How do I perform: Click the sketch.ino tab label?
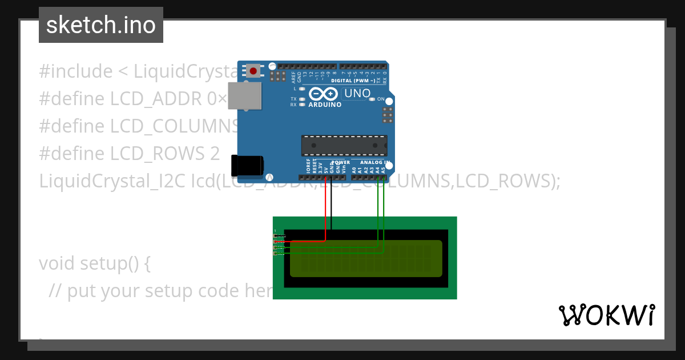pos(100,25)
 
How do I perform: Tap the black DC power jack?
pos(247,165)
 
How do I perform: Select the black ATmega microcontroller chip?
pos(344,146)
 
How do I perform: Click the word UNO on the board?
pos(358,93)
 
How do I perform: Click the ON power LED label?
pos(381,99)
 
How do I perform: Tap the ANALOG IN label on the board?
pos(375,162)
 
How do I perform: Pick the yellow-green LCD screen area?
pos(366,258)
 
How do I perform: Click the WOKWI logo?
pos(607,315)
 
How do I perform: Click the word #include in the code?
pos(75,71)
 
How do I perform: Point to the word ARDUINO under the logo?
pos(325,105)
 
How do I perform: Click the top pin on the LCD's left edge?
pos(276,235)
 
